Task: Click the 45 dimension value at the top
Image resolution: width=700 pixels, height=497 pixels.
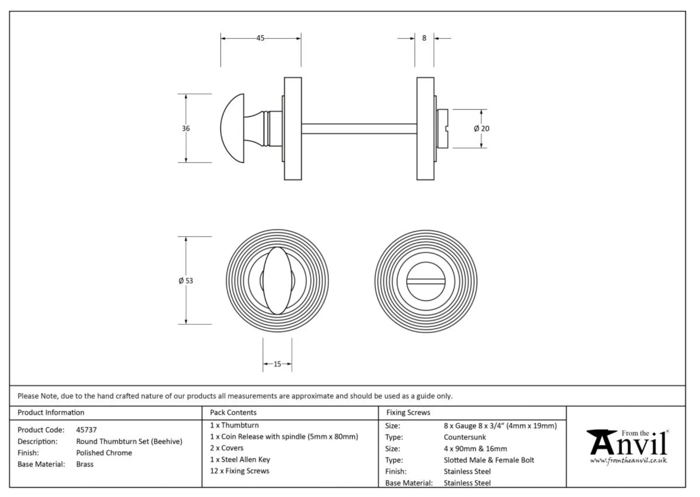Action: coord(260,38)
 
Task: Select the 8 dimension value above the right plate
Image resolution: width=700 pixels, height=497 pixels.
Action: coord(424,38)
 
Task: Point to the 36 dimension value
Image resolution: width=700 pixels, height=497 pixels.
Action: coord(186,128)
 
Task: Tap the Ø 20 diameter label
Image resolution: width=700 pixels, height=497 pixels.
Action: coord(482,128)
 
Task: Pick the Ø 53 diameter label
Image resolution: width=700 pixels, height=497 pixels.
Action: coord(186,280)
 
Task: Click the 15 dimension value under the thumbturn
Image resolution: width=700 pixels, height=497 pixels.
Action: coord(277,364)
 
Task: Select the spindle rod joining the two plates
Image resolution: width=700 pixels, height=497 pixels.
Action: coord(359,128)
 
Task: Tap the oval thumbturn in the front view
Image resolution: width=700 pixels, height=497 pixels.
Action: coord(277,280)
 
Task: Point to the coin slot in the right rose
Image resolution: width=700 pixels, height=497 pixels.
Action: coord(426,281)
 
